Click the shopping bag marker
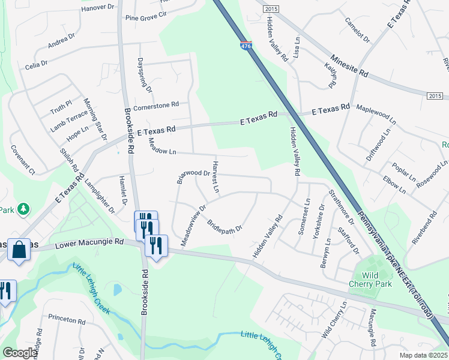(x=19, y=250)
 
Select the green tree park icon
(x=23, y=209)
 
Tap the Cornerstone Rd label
(x=156, y=104)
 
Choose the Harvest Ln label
(x=215, y=176)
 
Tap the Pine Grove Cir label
(x=145, y=16)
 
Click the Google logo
(x=20, y=353)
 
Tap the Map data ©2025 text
(x=423, y=355)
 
